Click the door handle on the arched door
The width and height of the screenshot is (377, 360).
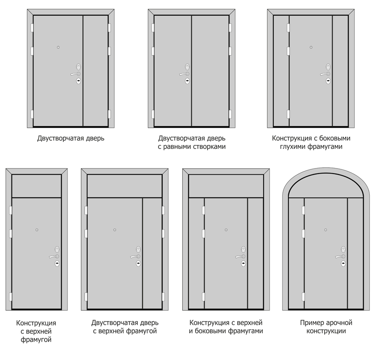(x=340, y=256)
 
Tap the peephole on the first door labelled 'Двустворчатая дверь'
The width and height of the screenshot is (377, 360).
(x=58, y=47)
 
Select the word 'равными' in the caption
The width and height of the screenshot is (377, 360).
(x=175, y=146)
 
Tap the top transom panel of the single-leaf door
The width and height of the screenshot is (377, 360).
(x=37, y=186)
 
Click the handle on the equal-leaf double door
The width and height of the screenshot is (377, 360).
(x=184, y=74)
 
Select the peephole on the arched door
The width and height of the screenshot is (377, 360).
(x=326, y=230)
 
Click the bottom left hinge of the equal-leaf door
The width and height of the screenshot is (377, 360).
(x=152, y=114)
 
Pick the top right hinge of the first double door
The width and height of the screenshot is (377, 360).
(x=109, y=28)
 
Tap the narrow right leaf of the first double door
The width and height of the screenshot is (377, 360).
(x=96, y=71)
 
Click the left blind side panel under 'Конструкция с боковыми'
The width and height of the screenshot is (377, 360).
(x=281, y=71)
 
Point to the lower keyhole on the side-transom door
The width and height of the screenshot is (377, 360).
(x=243, y=264)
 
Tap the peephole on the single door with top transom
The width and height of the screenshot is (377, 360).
(x=37, y=230)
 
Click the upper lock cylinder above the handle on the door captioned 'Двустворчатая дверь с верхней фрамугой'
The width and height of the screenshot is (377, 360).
(x=138, y=249)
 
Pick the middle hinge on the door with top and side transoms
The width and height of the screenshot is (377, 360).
(x=203, y=234)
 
